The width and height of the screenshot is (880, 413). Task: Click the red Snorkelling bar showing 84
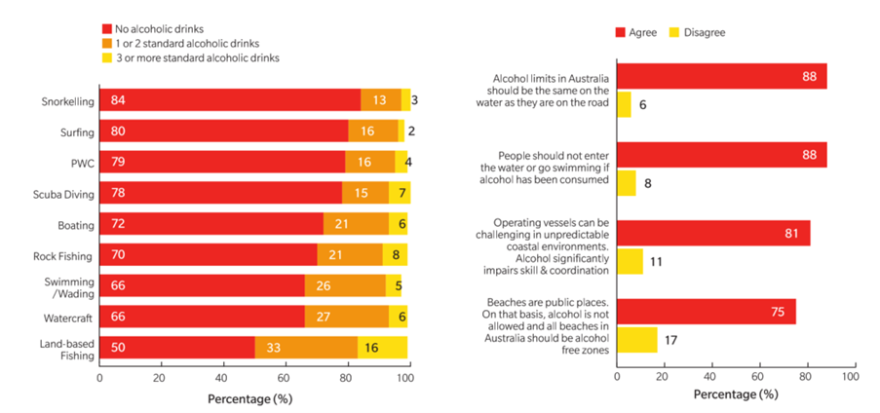[229, 100]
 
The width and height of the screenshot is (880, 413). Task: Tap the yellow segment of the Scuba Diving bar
[399, 194]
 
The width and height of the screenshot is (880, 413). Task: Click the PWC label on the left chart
[82, 163]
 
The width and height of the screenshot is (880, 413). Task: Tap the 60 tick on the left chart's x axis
[285, 377]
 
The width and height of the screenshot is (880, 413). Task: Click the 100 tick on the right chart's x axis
[849, 375]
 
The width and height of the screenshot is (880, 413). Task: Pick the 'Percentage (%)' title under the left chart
[249, 398]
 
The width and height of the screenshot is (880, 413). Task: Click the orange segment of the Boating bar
[356, 225]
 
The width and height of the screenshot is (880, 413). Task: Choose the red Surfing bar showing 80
[223, 131]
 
